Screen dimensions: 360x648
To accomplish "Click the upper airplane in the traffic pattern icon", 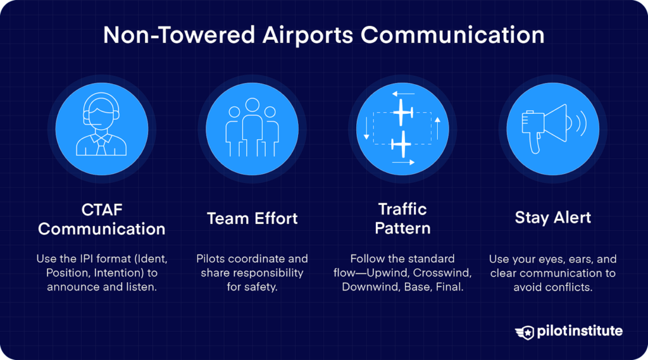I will tap(402, 112).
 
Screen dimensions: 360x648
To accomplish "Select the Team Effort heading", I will tap(252, 219).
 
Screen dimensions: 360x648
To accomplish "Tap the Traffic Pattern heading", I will tap(402, 218).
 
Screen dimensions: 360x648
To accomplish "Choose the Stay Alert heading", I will tap(552, 218).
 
